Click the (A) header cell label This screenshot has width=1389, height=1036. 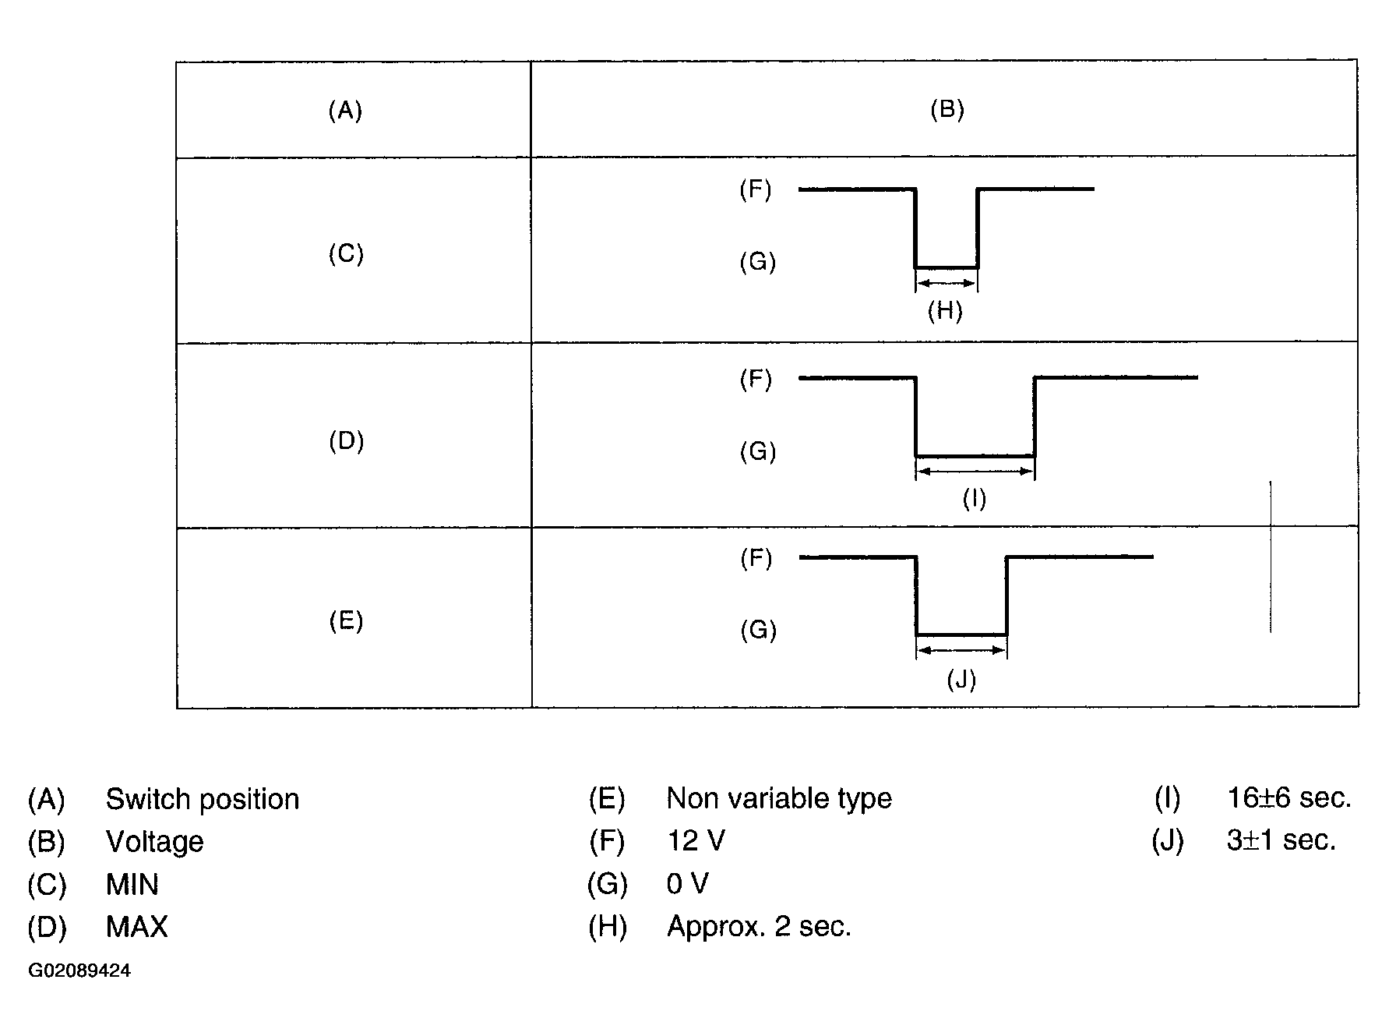345,111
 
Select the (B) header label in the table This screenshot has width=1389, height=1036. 947,109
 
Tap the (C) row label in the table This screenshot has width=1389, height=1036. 346,254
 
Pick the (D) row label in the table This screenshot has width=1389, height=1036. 347,441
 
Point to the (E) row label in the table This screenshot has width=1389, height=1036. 346,621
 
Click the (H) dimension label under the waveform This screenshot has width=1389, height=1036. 945,312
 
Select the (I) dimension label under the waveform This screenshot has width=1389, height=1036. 975,498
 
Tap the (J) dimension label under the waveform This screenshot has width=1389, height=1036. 961,681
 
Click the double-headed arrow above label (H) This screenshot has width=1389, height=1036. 947,283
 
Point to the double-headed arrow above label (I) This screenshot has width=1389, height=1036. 975,471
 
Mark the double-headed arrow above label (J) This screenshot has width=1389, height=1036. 961,649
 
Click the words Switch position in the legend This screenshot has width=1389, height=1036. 203,800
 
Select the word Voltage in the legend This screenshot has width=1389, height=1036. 155,842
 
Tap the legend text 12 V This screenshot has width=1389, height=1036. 696,841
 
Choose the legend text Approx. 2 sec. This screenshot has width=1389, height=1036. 760,927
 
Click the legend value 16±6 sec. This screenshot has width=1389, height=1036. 1289,798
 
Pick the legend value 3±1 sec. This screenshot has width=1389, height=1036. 1281,840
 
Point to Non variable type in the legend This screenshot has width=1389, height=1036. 779,799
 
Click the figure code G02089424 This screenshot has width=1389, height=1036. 79,971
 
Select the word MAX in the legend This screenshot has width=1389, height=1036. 137,927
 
